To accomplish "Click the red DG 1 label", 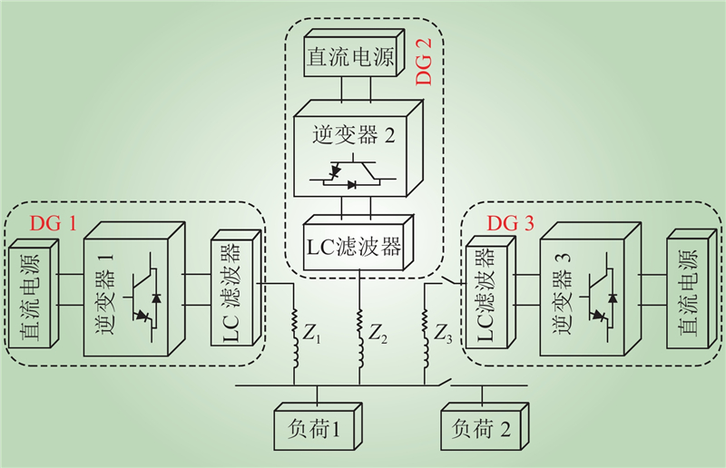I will pos(55,221).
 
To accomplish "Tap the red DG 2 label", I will pos(427,62).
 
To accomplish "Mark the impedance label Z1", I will pos(312,334).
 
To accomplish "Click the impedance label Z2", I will pos(378,334).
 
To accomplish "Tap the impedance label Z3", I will pos(442,334).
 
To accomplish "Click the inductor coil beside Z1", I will pos(294,336).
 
